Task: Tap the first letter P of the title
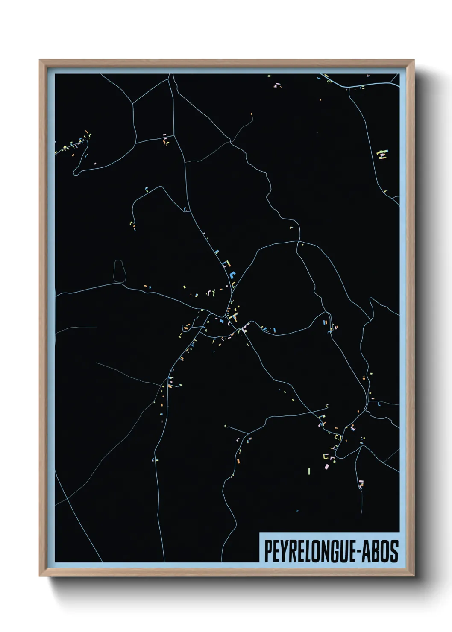pyautogui.click(x=268, y=551)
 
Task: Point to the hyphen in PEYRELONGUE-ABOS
pyautogui.click(x=358, y=552)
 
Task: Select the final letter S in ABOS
pyautogui.click(x=394, y=551)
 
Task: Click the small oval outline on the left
pyautogui.click(x=120, y=271)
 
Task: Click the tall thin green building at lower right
pyautogui.click(x=309, y=471)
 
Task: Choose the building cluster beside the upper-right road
pyautogui.click(x=383, y=154)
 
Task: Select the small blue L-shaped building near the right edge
pyautogui.click(x=379, y=404)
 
